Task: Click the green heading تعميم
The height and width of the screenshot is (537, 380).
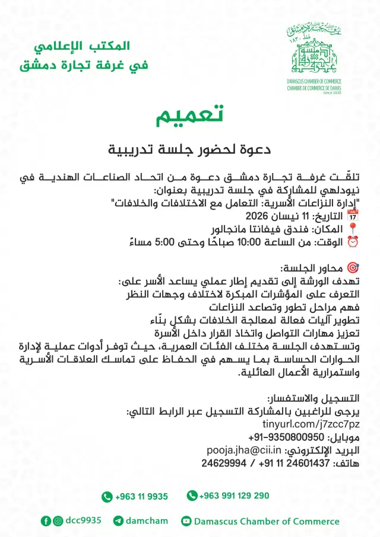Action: click(189, 116)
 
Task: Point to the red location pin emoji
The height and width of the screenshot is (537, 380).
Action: click(353, 228)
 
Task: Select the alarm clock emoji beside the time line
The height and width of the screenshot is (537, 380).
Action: click(353, 241)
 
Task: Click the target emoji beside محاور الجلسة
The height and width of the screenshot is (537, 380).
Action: click(353, 267)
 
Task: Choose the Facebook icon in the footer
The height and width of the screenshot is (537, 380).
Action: click(46, 521)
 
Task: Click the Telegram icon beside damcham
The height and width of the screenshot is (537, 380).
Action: click(118, 521)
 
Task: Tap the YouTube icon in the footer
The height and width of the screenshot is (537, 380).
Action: click(186, 521)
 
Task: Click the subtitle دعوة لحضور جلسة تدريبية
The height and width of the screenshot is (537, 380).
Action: click(189, 149)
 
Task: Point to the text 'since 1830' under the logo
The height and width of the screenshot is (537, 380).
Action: click(332, 93)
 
